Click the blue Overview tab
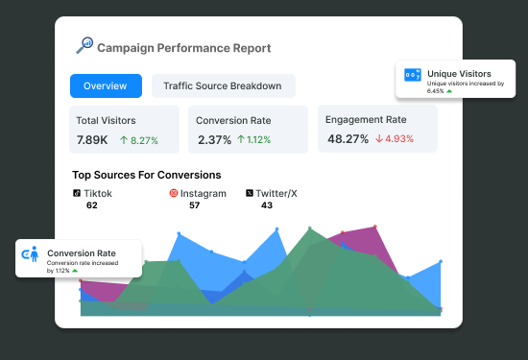point(106,86)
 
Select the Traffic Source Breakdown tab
point(223,86)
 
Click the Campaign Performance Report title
point(183,48)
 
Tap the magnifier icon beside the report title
point(84,45)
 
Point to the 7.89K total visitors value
point(94,140)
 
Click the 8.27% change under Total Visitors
point(139,140)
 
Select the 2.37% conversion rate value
point(213,140)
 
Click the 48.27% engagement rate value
point(348,139)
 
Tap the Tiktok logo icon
point(77,193)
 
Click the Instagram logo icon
point(174,193)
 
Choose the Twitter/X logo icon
point(251,193)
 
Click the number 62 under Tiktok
point(91,205)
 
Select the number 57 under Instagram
point(194,205)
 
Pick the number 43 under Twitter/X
point(267,205)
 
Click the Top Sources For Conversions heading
point(146,175)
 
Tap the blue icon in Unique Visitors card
point(412,74)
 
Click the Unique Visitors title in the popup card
point(459,74)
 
